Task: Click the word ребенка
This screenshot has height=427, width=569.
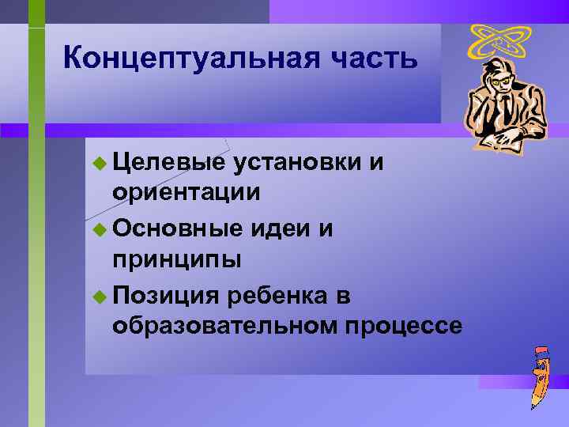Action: click(x=277, y=296)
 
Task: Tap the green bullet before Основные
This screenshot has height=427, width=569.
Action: click(x=98, y=230)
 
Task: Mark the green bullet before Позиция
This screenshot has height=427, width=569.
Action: click(x=98, y=297)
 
